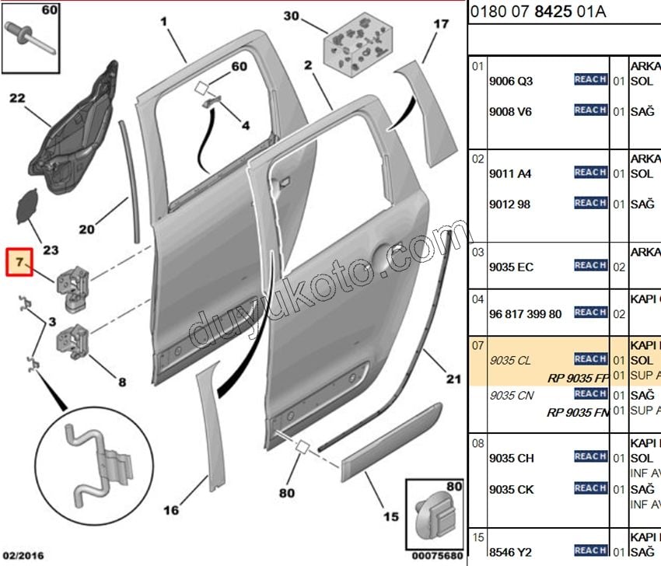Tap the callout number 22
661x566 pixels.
(17, 98)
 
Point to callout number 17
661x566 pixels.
(441, 24)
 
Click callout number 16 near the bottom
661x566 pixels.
(172, 510)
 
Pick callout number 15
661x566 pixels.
(391, 516)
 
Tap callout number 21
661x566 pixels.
(453, 379)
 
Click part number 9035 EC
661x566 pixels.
(511, 267)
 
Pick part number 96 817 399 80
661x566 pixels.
(525, 314)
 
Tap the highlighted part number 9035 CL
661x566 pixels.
(511, 361)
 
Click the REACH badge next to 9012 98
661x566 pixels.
(590, 204)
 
